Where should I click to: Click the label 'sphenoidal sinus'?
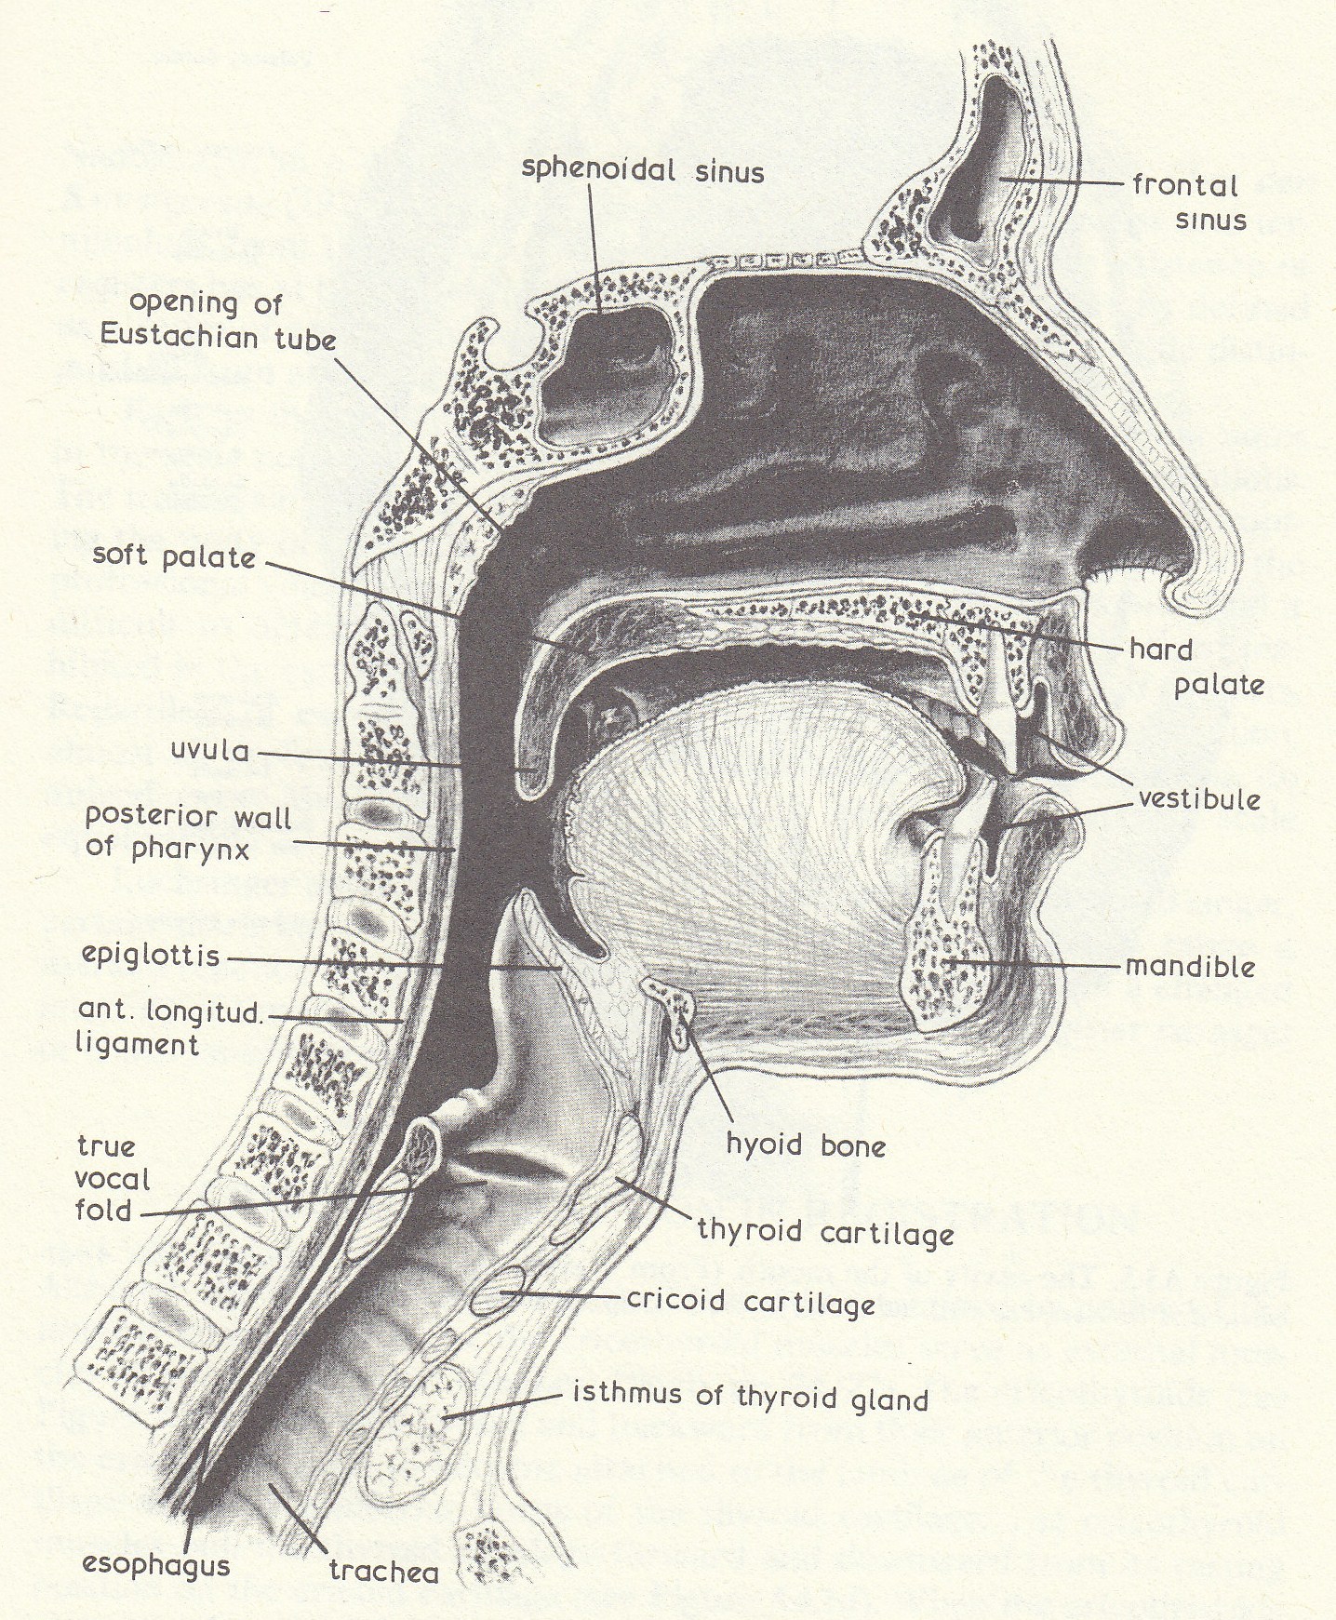[642, 170]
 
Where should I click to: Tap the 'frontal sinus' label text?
[1188, 202]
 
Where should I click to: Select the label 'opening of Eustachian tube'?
[219, 319]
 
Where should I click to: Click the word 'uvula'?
[210, 749]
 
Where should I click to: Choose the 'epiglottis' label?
[151, 956]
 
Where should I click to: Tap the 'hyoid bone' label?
[806, 1145]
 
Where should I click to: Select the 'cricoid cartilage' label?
[751, 1301]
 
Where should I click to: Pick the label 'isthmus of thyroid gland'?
[751, 1397]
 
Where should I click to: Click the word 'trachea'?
[383, 1572]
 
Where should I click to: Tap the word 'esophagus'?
[155, 1564]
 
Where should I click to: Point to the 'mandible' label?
[1190, 967]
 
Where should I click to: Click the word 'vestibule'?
[1199, 798]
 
